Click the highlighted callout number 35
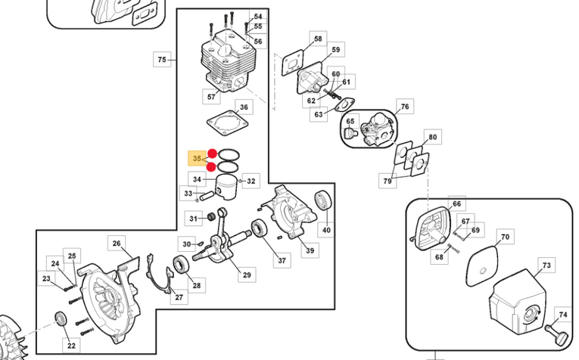[x=198, y=159]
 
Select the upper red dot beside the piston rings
[x=213, y=154]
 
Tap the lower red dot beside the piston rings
[x=211, y=167]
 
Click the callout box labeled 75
[x=162, y=60]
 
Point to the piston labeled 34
[x=226, y=187]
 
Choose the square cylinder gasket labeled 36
[x=227, y=123]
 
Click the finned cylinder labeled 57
[x=229, y=61]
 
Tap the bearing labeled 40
[x=323, y=201]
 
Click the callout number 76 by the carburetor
[x=405, y=107]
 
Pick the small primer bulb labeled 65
[x=349, y=133]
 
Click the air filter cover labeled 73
[x=518, y=303]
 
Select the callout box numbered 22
[x=71, y=346]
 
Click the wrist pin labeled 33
[x=207, y=194]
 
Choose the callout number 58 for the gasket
[x=318, y=39]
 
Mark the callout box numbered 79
[x=388, y=181]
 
